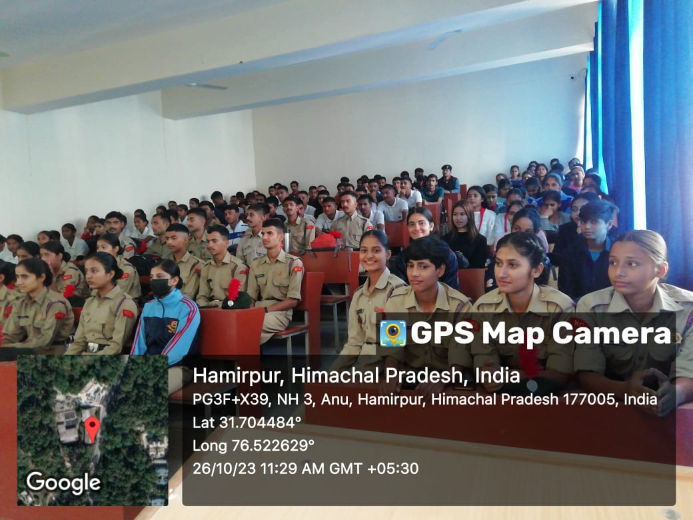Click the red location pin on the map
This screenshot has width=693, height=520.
(x=92, y=429)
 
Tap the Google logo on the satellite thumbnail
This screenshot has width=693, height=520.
(x=63, y=483)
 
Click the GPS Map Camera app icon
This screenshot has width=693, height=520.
(x=392, y=333)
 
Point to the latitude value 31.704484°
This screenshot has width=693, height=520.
(x=260, y=422)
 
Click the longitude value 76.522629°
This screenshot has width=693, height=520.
(x=273, y=445)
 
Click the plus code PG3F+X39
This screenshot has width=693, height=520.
(x=230, y=399)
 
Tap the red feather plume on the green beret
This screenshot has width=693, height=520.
(x=233, y=289)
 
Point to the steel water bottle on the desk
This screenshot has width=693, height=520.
(x=287, y=241)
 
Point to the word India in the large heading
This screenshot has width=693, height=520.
(x=498, y=375)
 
